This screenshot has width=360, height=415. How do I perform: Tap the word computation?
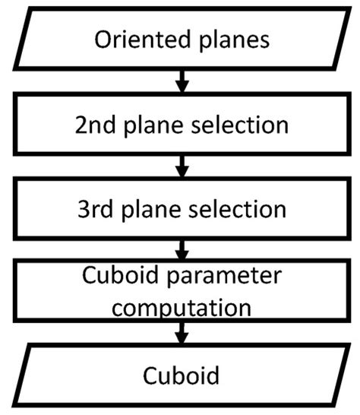(180, 308)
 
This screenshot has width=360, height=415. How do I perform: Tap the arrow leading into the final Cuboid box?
(181, 332)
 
